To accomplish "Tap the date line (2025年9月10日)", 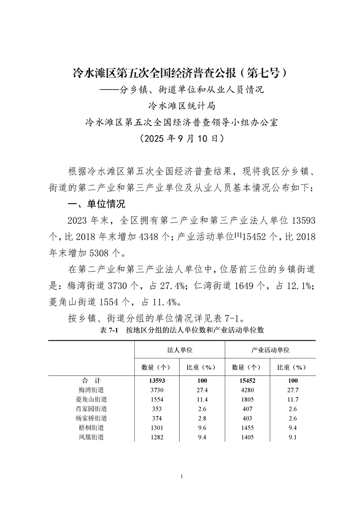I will coord(180,138).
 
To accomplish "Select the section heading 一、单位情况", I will coord(96,204).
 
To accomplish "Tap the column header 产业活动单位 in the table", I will coord(270,351).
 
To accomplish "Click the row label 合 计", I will coord(91,381).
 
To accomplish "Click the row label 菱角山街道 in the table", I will coord(91,400).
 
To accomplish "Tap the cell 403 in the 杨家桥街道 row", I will coord(247,418).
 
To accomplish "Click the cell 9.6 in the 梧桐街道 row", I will coord(202,428).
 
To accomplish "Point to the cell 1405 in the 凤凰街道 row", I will coord(247,437).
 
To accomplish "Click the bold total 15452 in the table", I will coord(247,381).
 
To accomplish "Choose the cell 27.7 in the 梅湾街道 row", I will coord(293,390).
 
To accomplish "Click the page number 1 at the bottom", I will coord(181,476).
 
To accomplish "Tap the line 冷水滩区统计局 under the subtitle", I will coord(180,106).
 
